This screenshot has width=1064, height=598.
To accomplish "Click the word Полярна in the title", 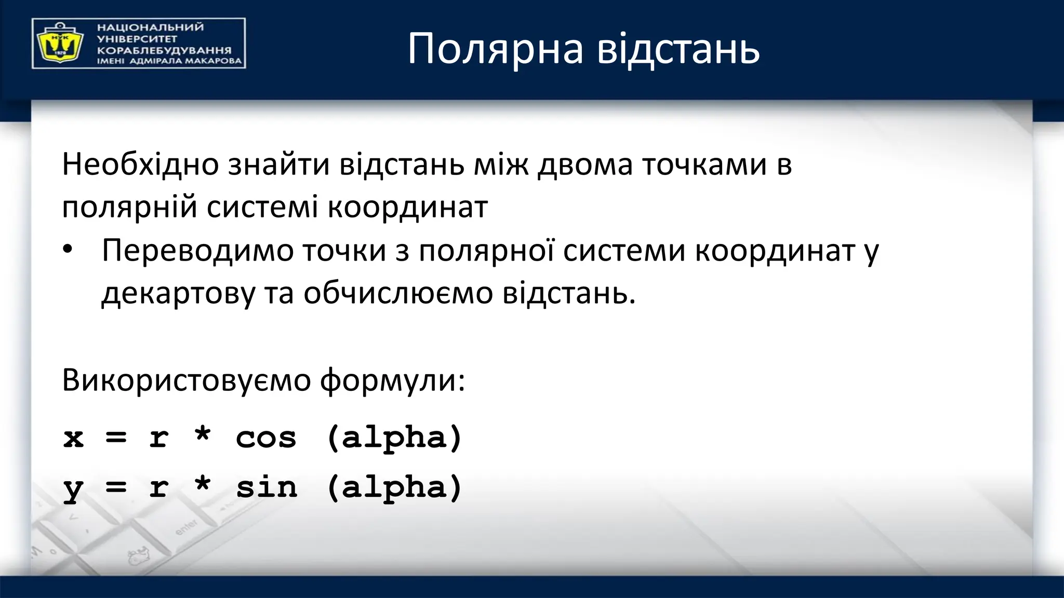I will click(x=495, y=49).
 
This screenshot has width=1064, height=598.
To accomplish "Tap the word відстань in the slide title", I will click(x=678, y=49).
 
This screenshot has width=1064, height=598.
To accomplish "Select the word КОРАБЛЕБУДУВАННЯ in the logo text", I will click(x=164, y=50).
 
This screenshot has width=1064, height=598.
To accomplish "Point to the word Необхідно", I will click(x=140, y=165).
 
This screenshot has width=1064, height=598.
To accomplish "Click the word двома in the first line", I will click(x=585, y=165).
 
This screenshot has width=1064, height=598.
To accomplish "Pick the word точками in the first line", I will click(x=704, y=165).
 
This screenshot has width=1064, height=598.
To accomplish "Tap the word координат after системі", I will click(x=408, y=207).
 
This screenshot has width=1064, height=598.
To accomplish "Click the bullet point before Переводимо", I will click(x=67, y=250).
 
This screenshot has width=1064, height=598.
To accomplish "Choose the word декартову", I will click(x=178, y=294).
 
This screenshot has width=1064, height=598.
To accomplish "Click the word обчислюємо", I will click(x=398, y=294).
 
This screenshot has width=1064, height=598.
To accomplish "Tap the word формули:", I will click(x=392, y=380).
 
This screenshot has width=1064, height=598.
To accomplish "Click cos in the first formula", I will click(x=266, y=438).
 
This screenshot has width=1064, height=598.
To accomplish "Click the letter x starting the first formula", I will click(x=73, y=438).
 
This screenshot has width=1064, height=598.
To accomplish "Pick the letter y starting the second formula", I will click(x=73, y=490).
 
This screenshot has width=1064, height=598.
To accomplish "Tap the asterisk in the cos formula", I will click(x=202, y=434).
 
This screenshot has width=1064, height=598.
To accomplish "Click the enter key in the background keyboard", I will click(x=186, y=527).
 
